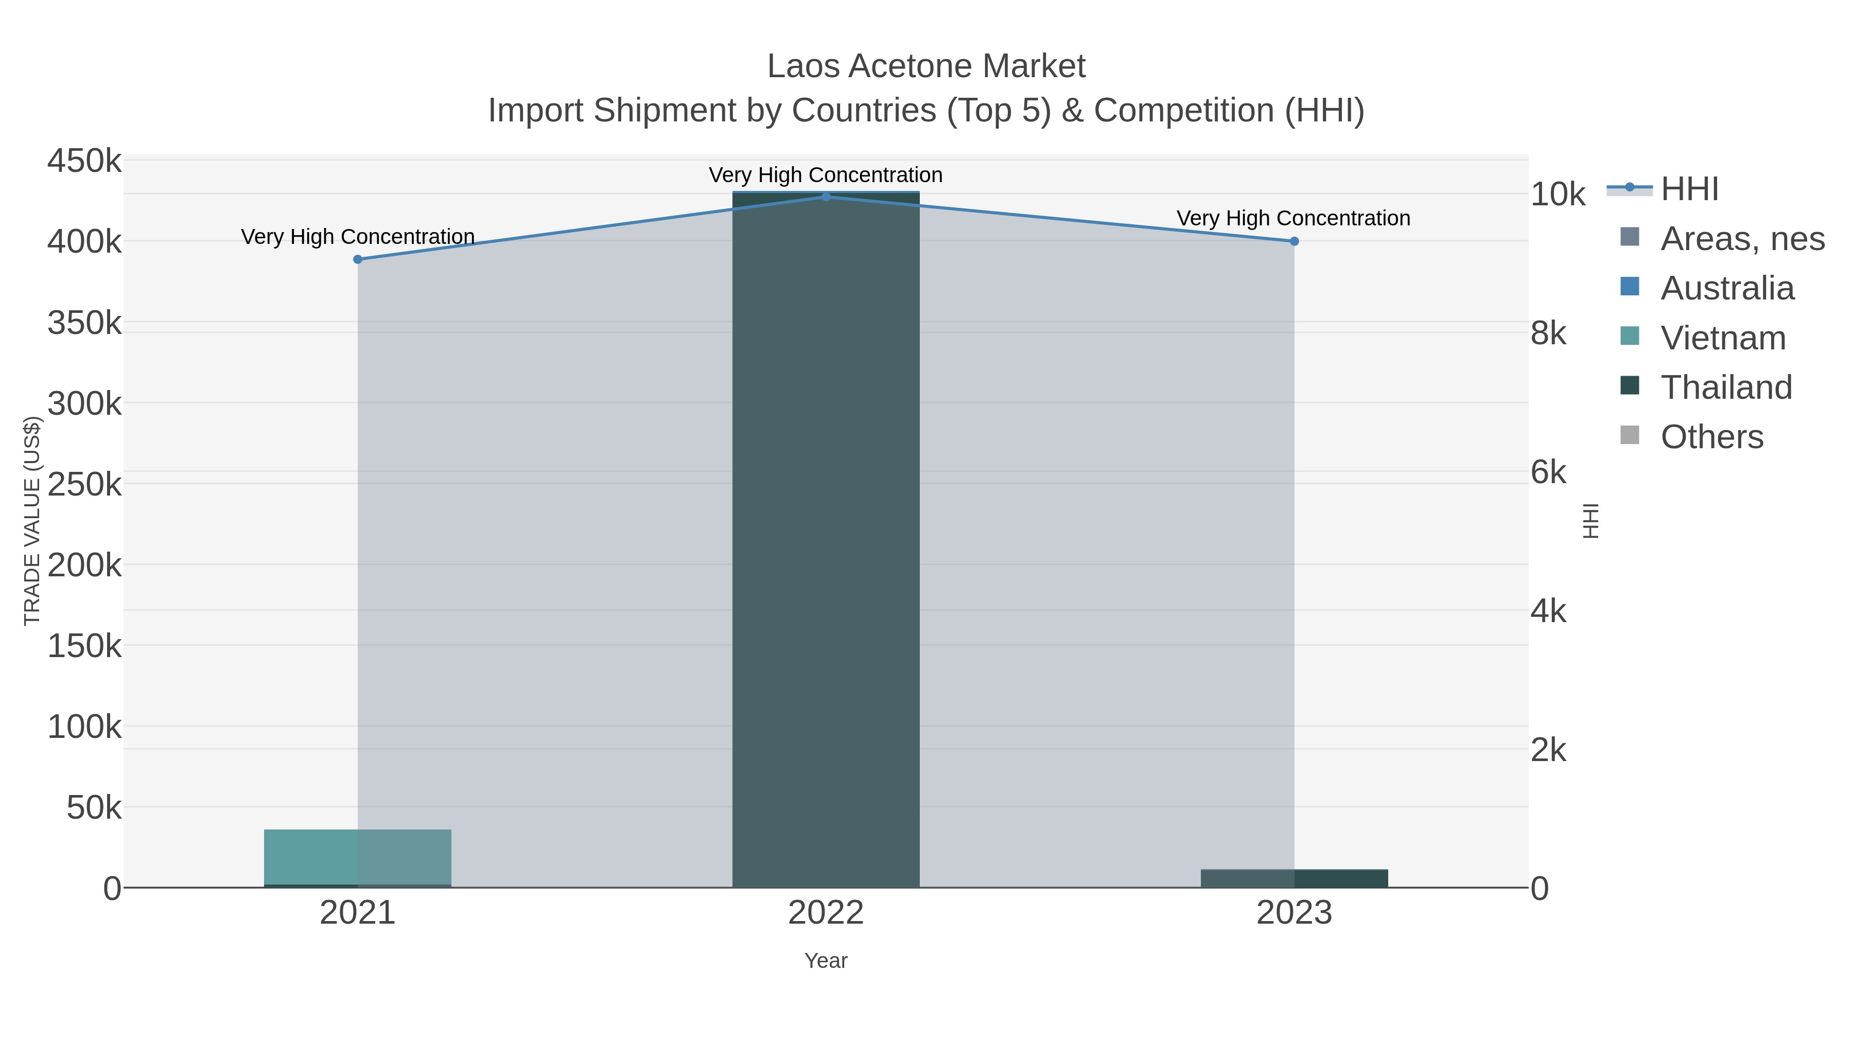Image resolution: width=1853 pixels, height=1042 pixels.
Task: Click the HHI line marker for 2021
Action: click(x=358, y=260)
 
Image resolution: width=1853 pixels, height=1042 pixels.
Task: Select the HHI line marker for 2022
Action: click(x=826, y=197)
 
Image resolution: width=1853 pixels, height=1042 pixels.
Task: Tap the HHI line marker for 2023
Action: click(x=1294, y=242)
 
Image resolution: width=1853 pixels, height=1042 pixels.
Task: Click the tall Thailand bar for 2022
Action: click(x=826, y=539)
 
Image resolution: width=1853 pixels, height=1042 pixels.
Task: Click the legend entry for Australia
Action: click(x=1726, y=288)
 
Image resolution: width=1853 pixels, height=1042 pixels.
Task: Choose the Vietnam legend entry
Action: click(x=1723, y=338)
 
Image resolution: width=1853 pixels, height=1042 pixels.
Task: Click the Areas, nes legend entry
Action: click(x=1741, y=239)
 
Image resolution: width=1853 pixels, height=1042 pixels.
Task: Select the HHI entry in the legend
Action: click(x=1689, y=189)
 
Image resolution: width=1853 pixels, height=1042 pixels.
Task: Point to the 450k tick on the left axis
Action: click(x=84, y=161)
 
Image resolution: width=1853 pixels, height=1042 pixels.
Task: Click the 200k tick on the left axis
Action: click(x=84, y=565)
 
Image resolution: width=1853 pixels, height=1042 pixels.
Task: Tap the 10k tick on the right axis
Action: click(x=1558, y=194)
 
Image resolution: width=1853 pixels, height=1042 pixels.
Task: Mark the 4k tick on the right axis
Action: click(x=1548, y=611)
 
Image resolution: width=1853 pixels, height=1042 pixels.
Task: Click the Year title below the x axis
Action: click(x=826, y=961)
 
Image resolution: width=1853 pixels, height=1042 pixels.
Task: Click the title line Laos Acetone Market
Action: click(x=926, y=66)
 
